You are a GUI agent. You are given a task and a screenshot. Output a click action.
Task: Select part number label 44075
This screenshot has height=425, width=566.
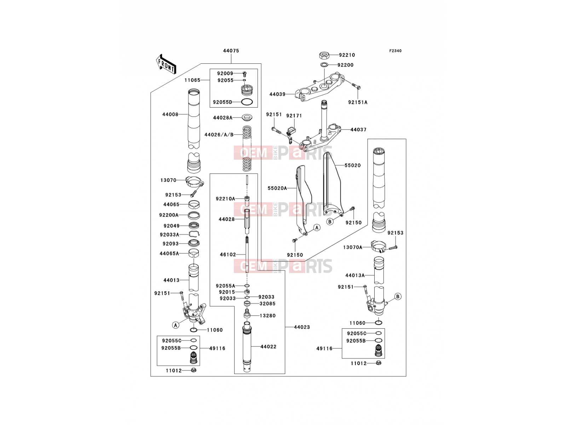tap(231, 51)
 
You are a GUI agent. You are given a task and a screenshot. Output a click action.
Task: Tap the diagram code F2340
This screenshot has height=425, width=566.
tap(395, 51)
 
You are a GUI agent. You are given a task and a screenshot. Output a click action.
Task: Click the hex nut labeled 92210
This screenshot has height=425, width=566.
tap(324, 55)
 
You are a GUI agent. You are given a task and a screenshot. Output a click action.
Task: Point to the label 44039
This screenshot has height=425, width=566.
tap(277, 94)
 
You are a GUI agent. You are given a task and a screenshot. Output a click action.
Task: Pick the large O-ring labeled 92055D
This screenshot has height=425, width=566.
tap(247, 102)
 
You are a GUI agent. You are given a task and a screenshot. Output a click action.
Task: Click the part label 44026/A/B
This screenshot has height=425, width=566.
tap(219, 135)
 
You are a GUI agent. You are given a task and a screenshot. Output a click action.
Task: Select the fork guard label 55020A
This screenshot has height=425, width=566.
tap(277, 188)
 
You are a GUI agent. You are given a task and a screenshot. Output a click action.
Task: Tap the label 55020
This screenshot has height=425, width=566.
tap(353, 165)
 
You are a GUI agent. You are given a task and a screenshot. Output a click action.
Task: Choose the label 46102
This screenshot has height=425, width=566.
tap(228, 255)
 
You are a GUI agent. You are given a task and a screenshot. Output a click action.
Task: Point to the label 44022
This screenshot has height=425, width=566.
tap(268, 347)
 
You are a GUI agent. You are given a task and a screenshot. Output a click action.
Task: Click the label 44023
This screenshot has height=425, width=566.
tap(302, 327)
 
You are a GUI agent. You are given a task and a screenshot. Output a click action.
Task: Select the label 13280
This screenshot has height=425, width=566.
tap(267, 316)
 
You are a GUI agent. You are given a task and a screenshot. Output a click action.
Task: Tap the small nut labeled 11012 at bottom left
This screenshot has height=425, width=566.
tap(194, 370)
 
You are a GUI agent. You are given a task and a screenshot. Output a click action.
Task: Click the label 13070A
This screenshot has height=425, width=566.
tap(352, 248)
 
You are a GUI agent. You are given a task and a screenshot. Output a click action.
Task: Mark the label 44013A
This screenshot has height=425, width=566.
tap(355, 276)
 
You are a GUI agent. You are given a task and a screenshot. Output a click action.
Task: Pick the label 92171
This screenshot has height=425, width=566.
tap(294, 116)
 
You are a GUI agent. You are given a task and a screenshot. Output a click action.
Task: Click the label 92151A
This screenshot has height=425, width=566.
tap(358, 102)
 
